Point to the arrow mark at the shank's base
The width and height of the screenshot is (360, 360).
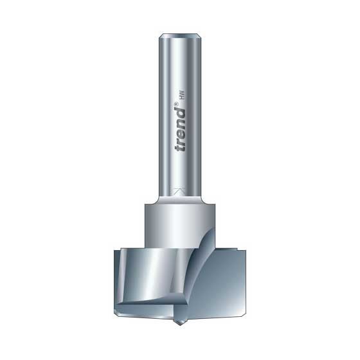tap(179, 191)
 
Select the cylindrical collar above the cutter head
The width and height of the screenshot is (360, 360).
tap(179, 221)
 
